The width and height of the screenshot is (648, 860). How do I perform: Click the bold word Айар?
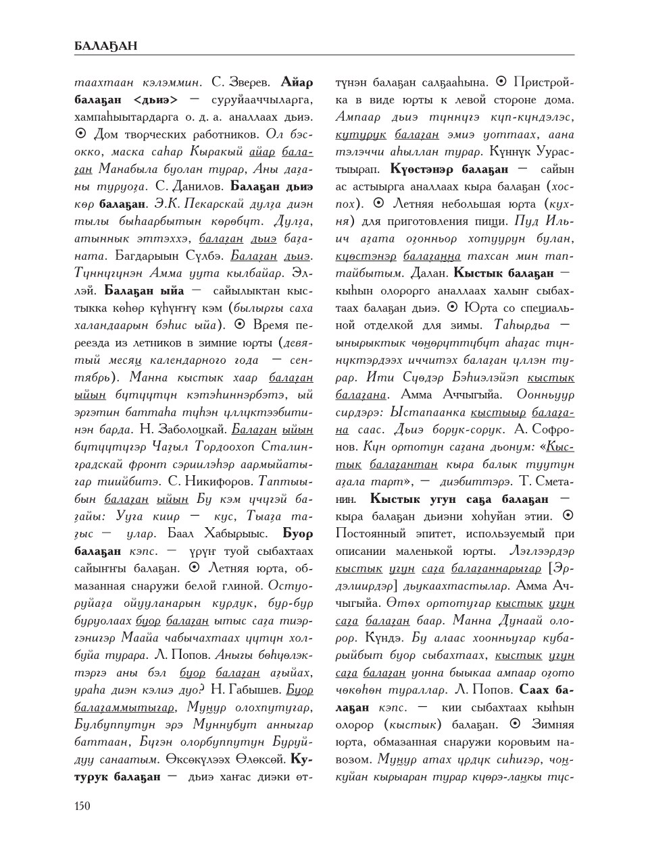[296, 83]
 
